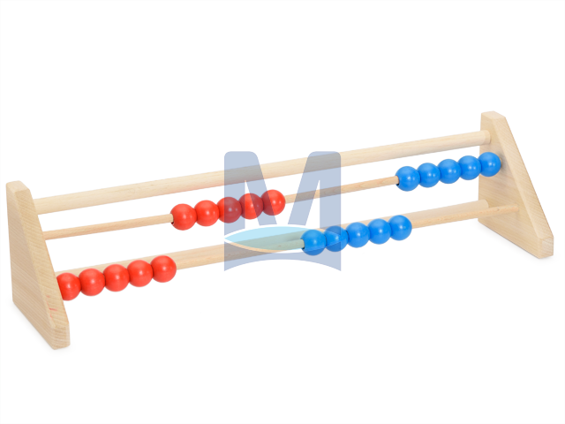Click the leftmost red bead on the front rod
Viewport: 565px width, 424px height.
tap(69, 286)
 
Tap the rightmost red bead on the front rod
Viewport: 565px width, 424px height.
tap(164, 269)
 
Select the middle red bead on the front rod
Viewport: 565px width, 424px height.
tap(117, 278)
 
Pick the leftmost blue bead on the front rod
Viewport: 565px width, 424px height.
tap(313, 242)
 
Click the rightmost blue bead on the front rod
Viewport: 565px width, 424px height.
tap(400, 228)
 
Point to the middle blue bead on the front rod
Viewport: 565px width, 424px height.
tap(358, 235)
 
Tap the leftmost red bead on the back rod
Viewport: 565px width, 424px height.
tap(184, 216)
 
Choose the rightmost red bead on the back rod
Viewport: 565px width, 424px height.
tap(274, 202)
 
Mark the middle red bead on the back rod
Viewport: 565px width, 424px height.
tap(230, 209)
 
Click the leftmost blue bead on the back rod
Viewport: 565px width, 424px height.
tap(408, 178)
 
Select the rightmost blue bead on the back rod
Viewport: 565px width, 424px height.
tap(489, 164)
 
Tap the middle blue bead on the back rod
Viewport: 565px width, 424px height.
tap(449, 170)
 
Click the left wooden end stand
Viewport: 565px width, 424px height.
tap(36, 263)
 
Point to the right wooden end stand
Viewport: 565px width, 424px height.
tap(516, 184)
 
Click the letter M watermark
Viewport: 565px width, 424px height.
tap(282, 211)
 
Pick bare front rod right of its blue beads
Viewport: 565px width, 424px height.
tap(465, 216)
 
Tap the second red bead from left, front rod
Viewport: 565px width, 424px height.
tap(92, 283)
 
